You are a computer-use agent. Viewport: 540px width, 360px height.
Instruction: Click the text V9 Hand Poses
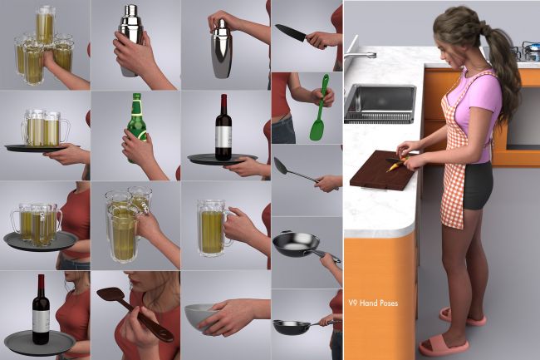coord(373,303)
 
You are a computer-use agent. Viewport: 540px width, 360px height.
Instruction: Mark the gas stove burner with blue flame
coord(530,48)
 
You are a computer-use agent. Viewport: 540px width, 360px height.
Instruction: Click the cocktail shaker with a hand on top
coord(221,48)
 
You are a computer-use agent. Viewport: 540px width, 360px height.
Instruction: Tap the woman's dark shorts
coord(478,186)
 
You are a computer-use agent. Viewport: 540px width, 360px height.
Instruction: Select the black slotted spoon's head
coord(282,165)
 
